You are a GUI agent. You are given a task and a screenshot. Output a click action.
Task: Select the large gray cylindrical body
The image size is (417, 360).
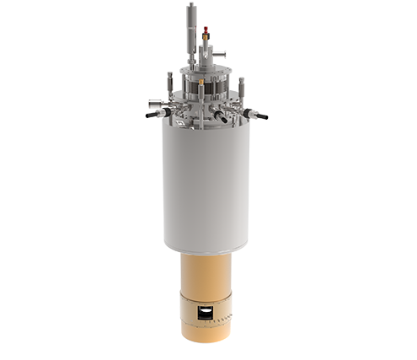point(206,185)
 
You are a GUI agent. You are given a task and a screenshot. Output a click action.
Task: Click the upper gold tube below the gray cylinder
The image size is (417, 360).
point(206,274)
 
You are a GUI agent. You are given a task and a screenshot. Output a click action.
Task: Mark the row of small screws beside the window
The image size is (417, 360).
point(221,320)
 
